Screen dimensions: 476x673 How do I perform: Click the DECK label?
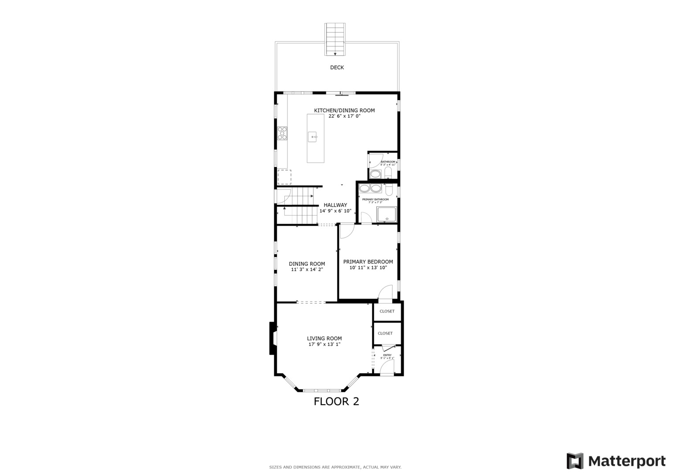(337, 67)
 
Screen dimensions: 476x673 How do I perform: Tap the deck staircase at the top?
(335, 39)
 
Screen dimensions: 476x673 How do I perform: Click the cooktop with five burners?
(282, 133)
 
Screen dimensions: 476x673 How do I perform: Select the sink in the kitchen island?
(313, 137)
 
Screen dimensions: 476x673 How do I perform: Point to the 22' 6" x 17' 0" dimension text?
(344, 116)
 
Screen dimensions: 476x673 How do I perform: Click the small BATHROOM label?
(388, 162)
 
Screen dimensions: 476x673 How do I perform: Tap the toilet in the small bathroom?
(388, 173)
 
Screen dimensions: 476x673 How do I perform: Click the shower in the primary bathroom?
(387, 215)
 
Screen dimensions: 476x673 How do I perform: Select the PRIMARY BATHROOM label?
(375, 200)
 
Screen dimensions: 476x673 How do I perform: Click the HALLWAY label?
(335, 205)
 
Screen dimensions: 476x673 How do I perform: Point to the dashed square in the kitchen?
(284, 177)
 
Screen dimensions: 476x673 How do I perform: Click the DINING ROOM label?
(307, 264)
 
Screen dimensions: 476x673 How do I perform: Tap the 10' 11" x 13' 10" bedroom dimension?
(368, 268)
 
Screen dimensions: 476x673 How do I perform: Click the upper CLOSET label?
(387, 311)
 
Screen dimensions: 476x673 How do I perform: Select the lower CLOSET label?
(385, 333)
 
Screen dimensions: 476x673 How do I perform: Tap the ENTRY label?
(387, 355)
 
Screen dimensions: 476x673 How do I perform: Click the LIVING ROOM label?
(324, 338)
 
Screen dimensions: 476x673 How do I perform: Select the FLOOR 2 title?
(336, 402)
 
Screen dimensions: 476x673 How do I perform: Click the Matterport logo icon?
(575, 461)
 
